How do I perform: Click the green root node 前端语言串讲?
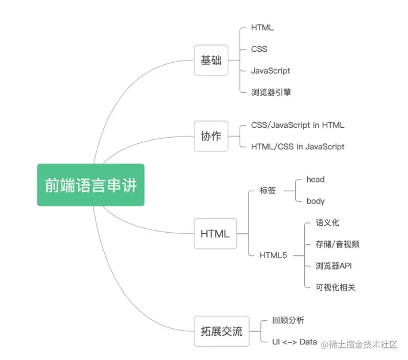(x=90, y=185)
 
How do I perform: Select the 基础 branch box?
(x=211, y=60)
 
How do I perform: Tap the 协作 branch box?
(x=211, y=136)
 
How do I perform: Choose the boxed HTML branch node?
(x=215, y=233)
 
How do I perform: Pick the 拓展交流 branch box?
(x=221, y=331)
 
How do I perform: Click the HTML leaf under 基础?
(x=262, y=28)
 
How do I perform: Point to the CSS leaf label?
(x=259, y=49)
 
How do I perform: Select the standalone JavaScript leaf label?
(x=271, y=70)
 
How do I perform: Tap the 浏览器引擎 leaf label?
(x=271, y=92)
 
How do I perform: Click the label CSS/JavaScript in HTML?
(x=297, y=125)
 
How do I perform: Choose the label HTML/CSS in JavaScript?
(x=297, y=146)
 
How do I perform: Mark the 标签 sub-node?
(x=268, y=190)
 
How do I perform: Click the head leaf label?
(x=315, y=179)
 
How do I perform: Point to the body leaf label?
(x=315, y=201)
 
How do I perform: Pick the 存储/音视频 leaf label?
(x=338, y=244)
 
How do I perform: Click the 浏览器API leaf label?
(x=334, y=266)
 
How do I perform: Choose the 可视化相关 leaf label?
(x=335, y=287)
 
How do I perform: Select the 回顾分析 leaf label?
(x=288, y=320)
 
